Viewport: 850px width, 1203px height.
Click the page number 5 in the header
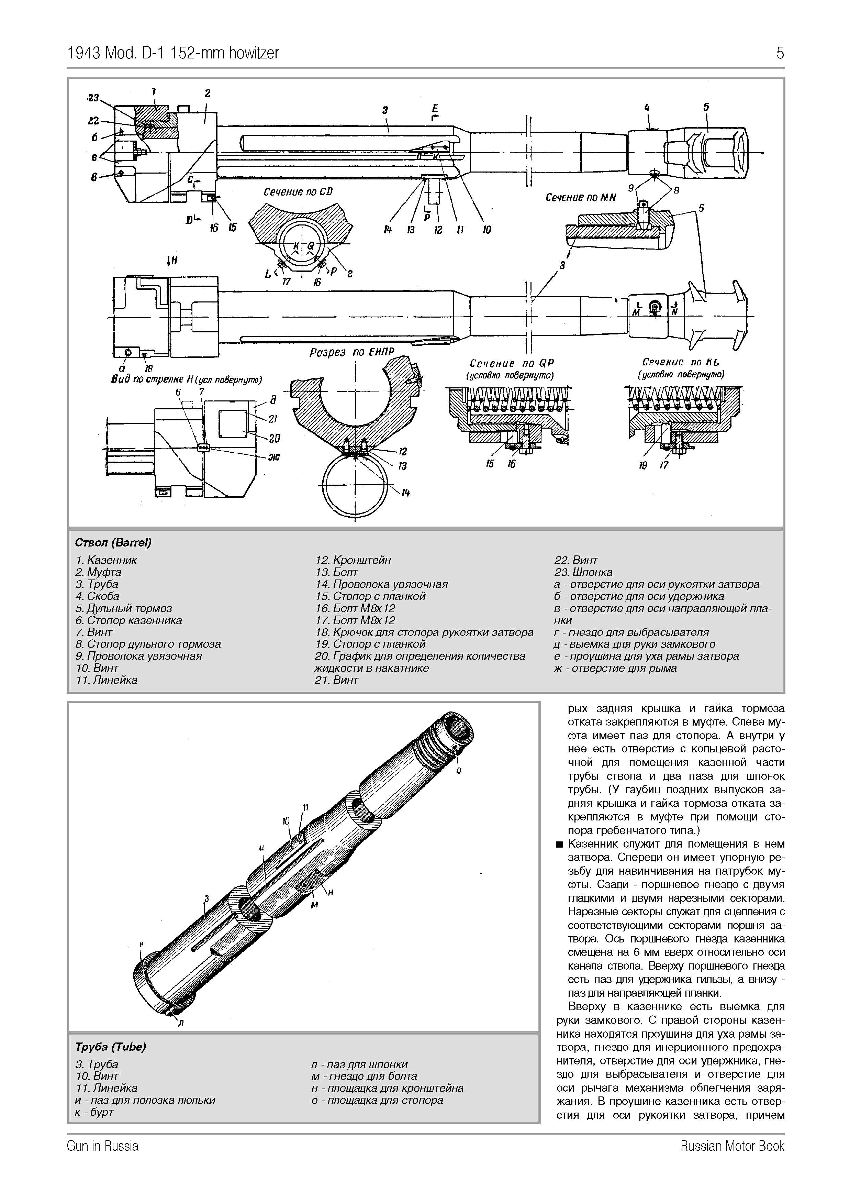tap(780, 53)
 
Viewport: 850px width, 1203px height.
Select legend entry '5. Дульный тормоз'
tap(124, 608)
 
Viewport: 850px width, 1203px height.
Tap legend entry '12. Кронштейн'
tap(353, 560)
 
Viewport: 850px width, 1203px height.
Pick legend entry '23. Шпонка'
tap(583, 572)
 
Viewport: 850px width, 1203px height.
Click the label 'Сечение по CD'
tap(298, 192)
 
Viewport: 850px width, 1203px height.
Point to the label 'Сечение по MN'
tap(581, 198)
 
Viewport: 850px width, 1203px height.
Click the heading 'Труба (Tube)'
tap(111, 1047)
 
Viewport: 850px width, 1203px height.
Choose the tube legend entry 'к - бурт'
tap(94, 1112)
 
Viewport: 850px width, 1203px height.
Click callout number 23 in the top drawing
tap(93, 98)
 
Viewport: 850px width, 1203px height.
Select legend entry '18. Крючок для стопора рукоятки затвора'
tap(424, 632)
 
